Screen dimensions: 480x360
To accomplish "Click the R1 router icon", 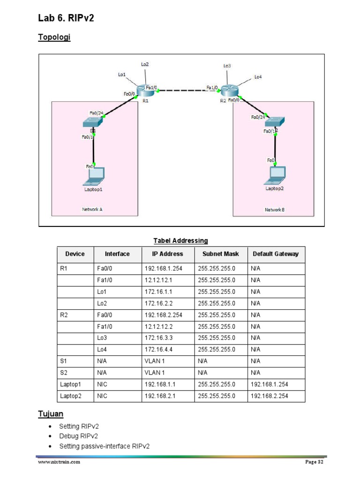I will tap(142, 90).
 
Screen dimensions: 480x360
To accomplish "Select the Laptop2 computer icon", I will tap(275, 174).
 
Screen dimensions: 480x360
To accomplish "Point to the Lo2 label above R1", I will tap(145, 64).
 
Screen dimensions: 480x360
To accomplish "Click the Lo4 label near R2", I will tap(258, 76).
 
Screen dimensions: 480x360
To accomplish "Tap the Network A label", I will tap(92, 210).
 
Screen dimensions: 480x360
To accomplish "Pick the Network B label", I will tap(274, 210).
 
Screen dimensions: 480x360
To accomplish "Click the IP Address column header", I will tap(167, 254).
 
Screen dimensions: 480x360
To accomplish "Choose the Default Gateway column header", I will tap(275, 254).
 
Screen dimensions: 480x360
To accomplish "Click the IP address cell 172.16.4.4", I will tap(159, 349).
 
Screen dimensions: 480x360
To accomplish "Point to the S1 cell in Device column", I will tap(64, 361).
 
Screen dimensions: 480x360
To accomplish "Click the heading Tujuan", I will tap(51, 414).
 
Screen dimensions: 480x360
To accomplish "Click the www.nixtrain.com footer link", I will tap(59, 462).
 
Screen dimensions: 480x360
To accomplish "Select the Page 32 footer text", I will tap(315, 462).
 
